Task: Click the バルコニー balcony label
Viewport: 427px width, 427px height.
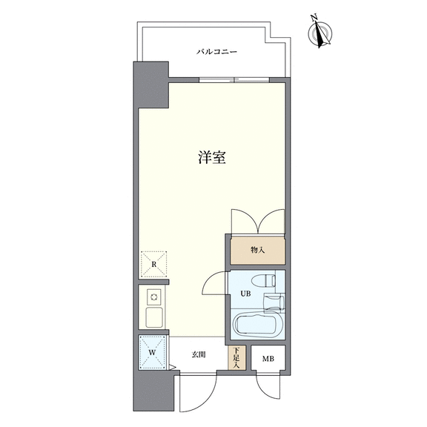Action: click(216, 51)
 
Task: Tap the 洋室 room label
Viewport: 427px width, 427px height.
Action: click(212, 157)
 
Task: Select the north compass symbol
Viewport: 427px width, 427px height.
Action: click(320, 33)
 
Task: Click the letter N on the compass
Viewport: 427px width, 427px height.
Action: click(314, 18)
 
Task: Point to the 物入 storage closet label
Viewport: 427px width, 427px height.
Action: click(257, 250)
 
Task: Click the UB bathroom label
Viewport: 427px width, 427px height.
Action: click(245, 294)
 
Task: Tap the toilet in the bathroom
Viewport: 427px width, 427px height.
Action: click(263, 281)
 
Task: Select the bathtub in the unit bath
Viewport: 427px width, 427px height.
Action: click(258, 325)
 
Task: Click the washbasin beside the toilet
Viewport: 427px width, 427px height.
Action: click(274, 302)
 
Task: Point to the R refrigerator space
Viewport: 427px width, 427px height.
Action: click(154, 264)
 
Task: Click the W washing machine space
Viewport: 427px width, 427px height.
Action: click(152, 353)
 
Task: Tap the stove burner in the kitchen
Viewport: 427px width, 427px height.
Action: click(154, 297)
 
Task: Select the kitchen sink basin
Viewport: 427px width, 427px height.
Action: click(154, 317)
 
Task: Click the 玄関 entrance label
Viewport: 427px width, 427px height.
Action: click(199, 354)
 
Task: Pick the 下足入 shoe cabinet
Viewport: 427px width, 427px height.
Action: click(237, 357)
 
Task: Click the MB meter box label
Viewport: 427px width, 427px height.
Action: click(268, 359)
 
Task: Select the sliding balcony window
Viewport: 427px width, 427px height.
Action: click(234, 80)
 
